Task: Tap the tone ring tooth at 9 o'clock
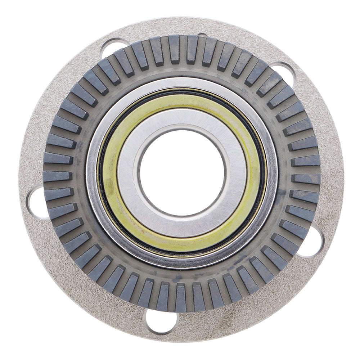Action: coord(58,176)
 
